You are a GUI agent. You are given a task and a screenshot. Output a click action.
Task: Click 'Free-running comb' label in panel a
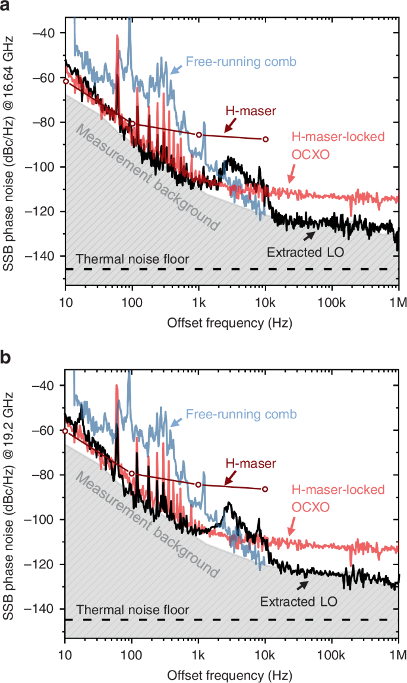coord(241,61)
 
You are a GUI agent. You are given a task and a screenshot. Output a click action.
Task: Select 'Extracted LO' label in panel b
coord(299,602)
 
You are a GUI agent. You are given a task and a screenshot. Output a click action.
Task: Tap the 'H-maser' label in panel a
coord(244,111)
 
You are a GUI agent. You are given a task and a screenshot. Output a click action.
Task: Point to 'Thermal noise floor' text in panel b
coord(132,609)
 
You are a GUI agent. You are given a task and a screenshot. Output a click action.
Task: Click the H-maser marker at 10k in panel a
coord(266,139)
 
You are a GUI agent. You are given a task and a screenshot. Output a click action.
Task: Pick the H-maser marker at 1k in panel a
coord(199,135)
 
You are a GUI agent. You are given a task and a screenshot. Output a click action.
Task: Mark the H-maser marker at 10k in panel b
coord(266,489)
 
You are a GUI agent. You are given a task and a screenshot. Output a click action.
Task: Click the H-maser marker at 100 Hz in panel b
coord(132,474)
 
